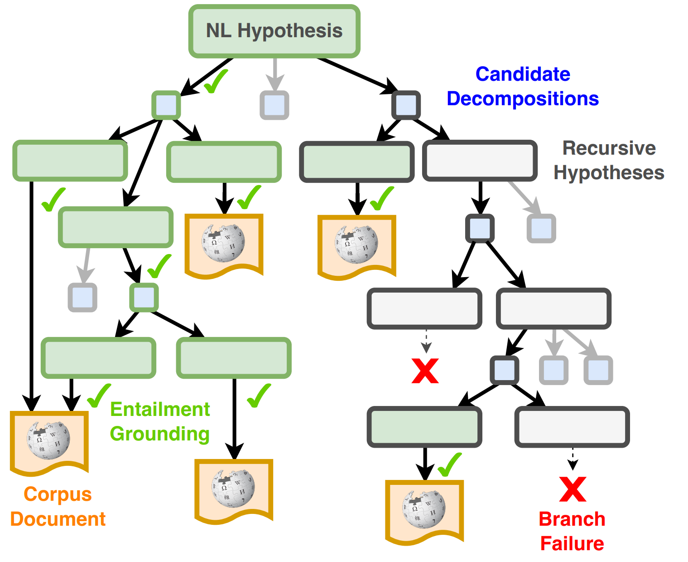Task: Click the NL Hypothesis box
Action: [x=274, y=31]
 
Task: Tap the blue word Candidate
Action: [x=523, y=74]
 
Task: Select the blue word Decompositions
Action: [x=523, y=98]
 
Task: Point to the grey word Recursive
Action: [x=609, y=148]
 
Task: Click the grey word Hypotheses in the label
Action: [x=609, y=173]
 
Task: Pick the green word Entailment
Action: [x=160, y=409]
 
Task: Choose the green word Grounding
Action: [x=160, y=434]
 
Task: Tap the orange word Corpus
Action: [x=58, y=494]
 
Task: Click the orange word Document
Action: [x=58, y=519]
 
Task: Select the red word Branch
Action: [x=572, y=519]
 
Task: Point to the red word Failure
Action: [x=572, y=543]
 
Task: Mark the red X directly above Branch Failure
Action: [x=573, y=489]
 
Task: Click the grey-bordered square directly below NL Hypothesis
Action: [x=274, y=105]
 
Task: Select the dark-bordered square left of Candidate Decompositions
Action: [x=406, y=105]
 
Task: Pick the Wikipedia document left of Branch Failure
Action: [x=424, y=510]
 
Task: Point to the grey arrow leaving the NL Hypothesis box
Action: [x=274, y=75]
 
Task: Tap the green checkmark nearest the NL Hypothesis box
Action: [x=216, y=82]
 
